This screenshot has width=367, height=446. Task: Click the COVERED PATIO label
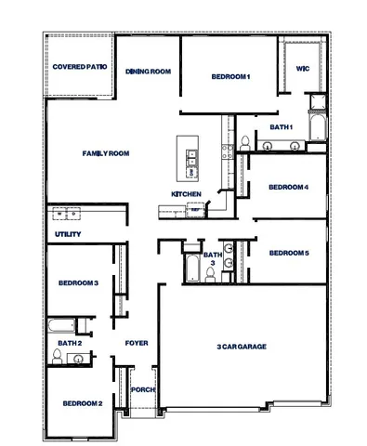click(79, 68)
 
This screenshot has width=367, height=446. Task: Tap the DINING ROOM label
click(149, 71)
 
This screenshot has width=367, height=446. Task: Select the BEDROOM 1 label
click(230, 76)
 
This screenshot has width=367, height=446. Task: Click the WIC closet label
click(302, 69)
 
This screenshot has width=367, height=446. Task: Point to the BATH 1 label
click(281, 126)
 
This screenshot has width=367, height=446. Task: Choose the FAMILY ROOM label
click(105, 152)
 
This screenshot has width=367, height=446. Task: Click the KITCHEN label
click(186, 193)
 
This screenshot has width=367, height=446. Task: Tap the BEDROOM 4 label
click(288, 187)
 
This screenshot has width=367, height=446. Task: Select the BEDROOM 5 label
click(288, 253)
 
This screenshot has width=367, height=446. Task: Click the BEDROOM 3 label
click(78, 282)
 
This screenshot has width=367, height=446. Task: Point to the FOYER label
click(137, 343)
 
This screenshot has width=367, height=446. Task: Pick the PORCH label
click(142, 389)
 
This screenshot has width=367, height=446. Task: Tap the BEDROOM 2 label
click(82, 403)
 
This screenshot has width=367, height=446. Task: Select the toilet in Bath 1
click(243, 142)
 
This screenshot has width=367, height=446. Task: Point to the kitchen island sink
click(191, 166)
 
